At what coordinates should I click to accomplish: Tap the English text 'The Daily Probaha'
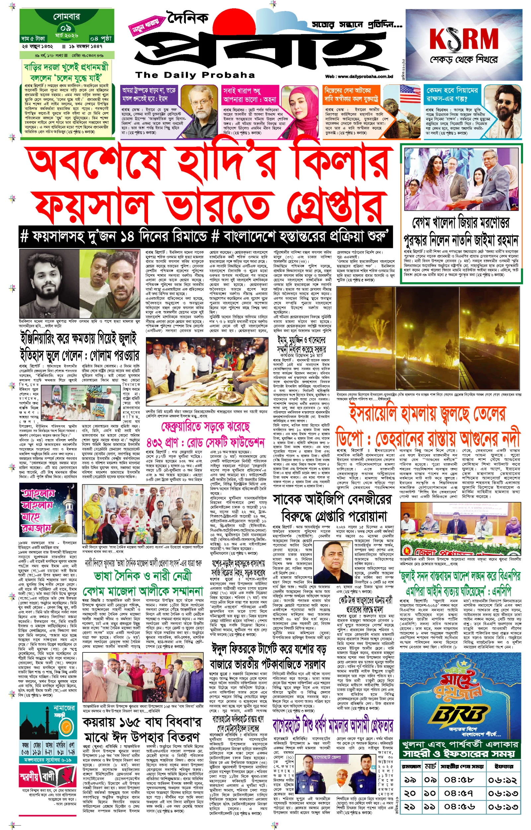pos(195,75)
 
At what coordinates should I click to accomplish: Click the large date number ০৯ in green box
pos(65,28)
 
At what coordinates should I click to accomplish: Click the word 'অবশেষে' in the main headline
pos(95,162)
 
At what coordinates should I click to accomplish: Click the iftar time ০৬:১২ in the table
pos(502,780)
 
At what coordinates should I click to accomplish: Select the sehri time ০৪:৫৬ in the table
pos(459,806)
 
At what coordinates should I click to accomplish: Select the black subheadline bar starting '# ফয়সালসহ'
pos(206,237)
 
